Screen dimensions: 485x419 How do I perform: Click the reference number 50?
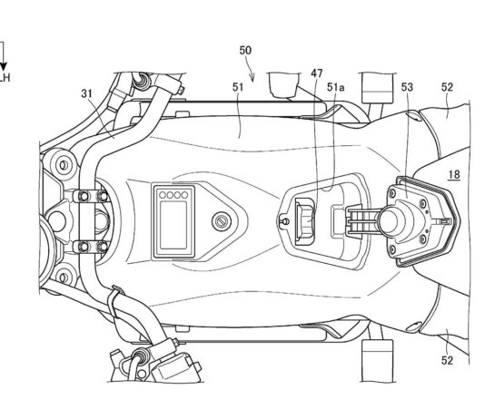pos(245,50)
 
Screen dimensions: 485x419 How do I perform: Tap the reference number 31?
pos(86,93)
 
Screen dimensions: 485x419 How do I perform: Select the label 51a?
pos(336,88)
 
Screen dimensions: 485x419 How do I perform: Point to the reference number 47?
pos(317,73)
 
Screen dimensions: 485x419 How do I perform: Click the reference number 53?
pos(407,87)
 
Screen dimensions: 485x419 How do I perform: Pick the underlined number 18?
pos(454,175)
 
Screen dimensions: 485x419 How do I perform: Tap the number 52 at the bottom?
pos(447,360)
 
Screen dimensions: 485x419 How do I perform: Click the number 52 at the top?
pos(447,87)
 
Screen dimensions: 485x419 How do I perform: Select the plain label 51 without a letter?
pos(238,87)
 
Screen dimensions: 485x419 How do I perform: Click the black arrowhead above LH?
pos(3,67)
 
